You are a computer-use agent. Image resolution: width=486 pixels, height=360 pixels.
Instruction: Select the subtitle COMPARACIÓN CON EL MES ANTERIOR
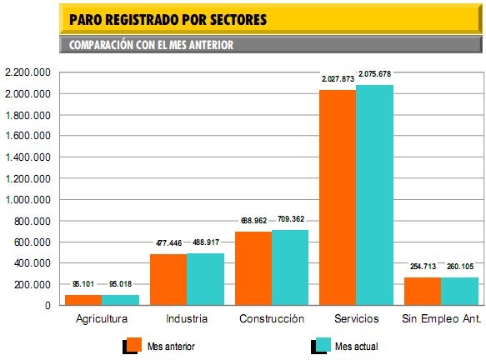click(151, 45)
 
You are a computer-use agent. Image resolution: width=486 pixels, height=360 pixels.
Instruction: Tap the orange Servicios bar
click(337, 197)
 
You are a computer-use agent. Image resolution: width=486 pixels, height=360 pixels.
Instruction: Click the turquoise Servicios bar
click(374, 195)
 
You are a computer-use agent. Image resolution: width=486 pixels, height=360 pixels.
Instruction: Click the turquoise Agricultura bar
click(120, 300)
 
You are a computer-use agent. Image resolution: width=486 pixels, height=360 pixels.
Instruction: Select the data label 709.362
click(290, 220)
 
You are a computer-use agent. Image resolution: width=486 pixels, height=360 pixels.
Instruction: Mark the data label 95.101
click(83, 284)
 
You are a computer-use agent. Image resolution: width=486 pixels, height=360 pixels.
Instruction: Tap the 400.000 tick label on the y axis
click(32, 263)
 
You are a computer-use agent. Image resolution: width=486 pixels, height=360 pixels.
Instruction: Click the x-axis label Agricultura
click(102, 319)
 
